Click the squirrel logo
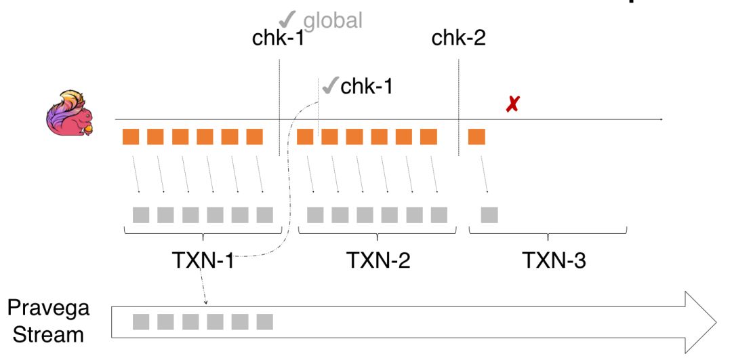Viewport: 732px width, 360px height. point(70,114)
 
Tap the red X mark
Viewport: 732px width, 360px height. point(513,105)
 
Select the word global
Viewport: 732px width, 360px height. point(332,20)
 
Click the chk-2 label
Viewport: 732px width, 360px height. point(459,38)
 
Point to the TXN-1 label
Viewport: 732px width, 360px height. point(203,260)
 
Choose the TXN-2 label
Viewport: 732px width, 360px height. point(378,260)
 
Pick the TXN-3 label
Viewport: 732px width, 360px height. point(554,260)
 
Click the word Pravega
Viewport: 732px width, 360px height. point(48,308)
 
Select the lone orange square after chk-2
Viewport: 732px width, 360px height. point(476,136)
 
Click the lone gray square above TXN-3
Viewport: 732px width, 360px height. point(489,215)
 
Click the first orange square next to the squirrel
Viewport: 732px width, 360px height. point(131,136)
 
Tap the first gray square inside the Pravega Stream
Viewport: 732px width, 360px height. point(141,321)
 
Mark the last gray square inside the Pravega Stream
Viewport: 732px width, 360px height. point(264,321)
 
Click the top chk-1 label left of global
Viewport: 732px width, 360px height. point(278,38)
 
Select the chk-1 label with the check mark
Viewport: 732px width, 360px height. point(367,86)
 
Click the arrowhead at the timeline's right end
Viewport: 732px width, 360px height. point(660,120)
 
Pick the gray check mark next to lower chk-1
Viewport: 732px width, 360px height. point(330,86)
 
